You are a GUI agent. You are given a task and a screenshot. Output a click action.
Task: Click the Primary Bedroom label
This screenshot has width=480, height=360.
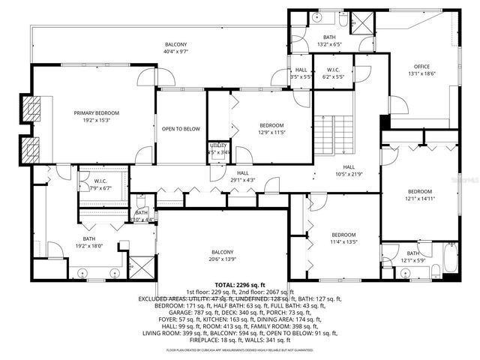(97, 112)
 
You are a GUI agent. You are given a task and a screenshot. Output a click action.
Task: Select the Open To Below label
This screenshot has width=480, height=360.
(181, 129)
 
